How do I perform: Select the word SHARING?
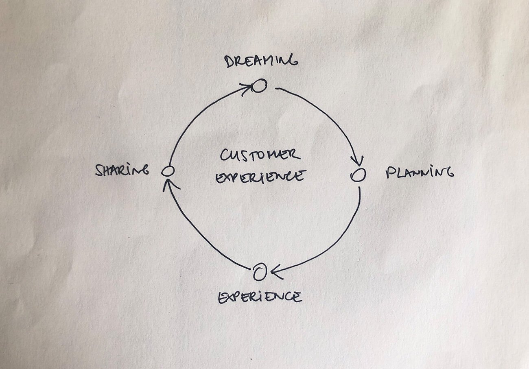(122, 170)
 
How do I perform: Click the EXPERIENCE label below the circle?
(260, 297)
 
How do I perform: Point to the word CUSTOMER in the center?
(260, 155)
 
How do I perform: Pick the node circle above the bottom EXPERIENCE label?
(259, 273)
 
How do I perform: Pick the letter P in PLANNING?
(389, 173)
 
